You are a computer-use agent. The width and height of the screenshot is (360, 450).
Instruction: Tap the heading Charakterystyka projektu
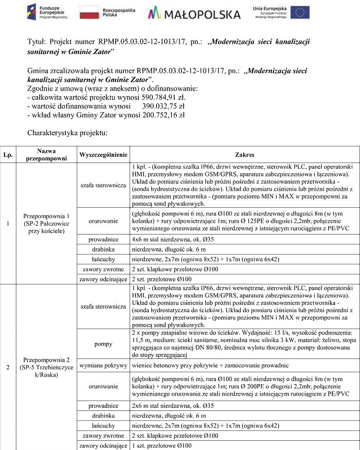[67, 133]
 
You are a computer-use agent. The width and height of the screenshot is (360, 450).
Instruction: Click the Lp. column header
[8, 154]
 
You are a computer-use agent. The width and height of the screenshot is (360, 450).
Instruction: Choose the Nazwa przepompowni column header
[46, 154]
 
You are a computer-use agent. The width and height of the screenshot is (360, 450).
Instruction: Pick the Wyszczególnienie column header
[103, 154]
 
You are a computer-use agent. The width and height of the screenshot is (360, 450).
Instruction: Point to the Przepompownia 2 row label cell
[46, 366]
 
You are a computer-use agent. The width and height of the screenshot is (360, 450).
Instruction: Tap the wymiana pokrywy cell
[103, 366]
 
